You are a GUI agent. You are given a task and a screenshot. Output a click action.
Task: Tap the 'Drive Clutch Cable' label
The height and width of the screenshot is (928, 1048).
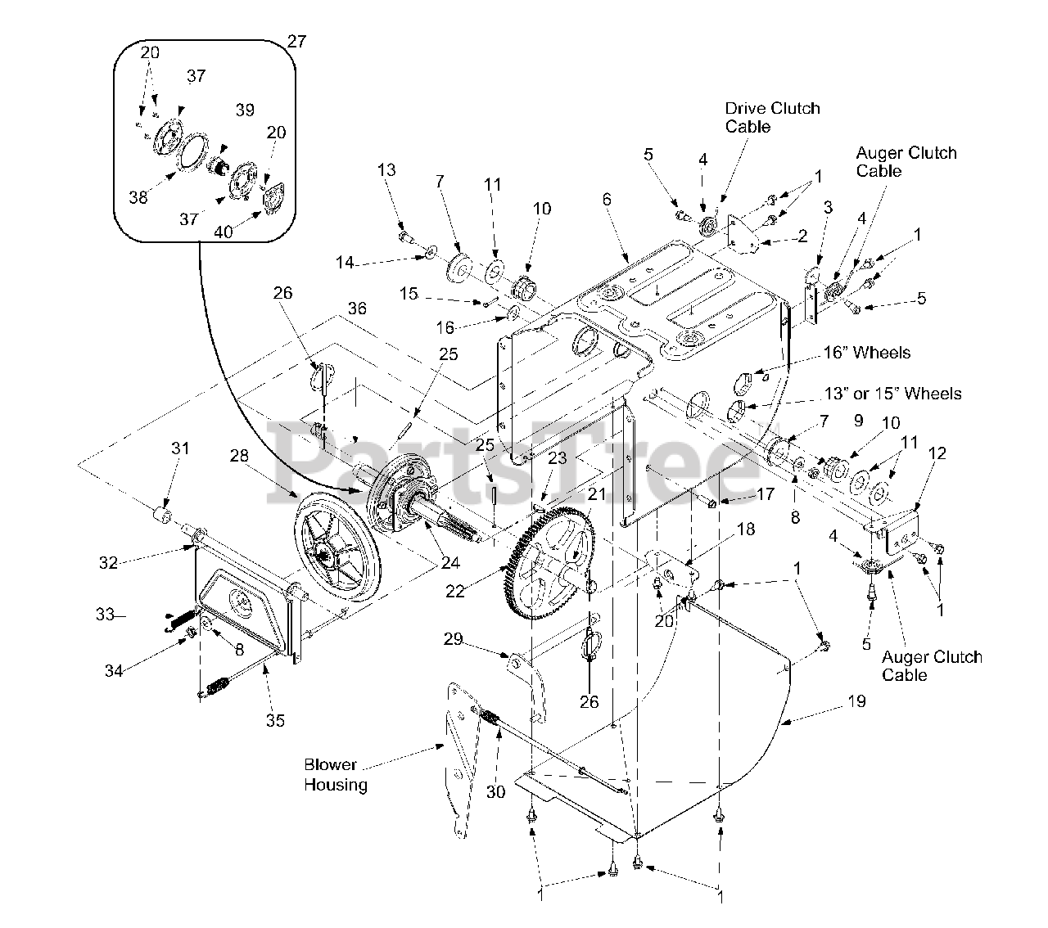[772, 117]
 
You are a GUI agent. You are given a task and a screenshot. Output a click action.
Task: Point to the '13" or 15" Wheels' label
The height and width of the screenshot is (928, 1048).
[892, 393]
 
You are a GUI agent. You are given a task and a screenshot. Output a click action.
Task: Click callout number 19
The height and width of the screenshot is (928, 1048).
[857, 701]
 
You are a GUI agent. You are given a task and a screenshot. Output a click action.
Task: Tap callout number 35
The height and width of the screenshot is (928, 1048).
[275, 720]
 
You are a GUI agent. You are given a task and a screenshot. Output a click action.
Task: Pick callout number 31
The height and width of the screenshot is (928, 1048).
[180, 448]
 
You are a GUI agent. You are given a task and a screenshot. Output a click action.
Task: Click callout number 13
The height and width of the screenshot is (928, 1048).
[386, 169]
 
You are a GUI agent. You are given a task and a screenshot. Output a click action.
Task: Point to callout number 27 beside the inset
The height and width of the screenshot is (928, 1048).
[296, 41]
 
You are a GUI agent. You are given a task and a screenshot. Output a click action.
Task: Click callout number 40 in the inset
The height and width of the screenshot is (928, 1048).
[224, 232]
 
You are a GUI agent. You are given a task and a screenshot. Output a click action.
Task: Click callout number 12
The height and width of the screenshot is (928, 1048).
[937, 453]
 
